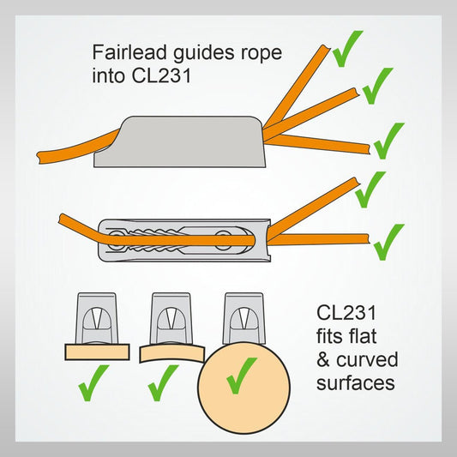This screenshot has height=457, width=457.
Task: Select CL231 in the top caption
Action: [x=158, y=75]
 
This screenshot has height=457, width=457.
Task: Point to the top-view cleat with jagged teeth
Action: [x=183, y=237]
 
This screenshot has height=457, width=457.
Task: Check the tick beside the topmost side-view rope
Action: [x=346, y=50]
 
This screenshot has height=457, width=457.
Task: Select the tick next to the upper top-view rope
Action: [x=370, y=189]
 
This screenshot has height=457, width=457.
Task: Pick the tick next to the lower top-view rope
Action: [x=388, y=239]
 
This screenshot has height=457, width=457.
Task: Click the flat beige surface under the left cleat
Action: [x=96, y=350]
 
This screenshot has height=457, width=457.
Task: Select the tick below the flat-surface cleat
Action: [x=93, y=382]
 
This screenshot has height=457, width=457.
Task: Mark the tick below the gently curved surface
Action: [x=162, y=382]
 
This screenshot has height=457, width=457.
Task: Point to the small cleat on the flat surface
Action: [x=96, y=318]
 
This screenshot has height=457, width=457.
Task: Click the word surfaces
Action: [x=356, y=382]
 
